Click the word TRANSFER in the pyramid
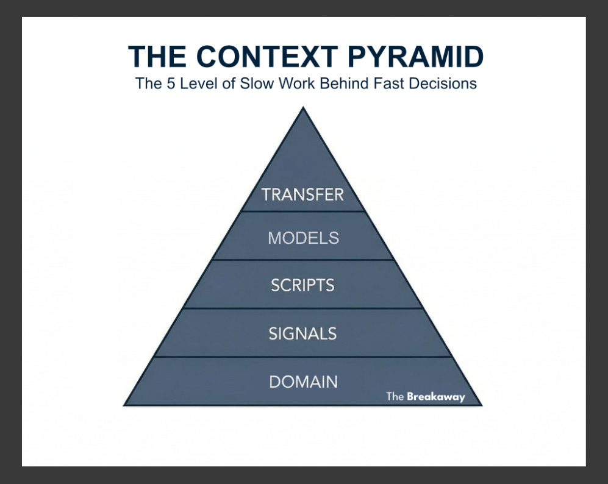pyautogui.click(x=302, y=194)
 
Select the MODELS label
pyautogui.click(x=303, y=238)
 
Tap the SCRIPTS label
pyautogui.click(x=302, y=285)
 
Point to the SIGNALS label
pyautogui.click(x=302, y=333)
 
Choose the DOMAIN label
pyautogui.click(x=303, y=382)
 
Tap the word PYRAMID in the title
pyautogui.click(x=415, y=57)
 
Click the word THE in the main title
pyautogui.click(x=157, y=57)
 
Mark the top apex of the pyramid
pyautogui.click(x=302, y=108)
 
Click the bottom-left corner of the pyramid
pyautogui.click(x=125, y=405)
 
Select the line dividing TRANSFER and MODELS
pyautogui.click(x=302, y=212)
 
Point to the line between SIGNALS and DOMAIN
pyautogui.click(x=302, y=357)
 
